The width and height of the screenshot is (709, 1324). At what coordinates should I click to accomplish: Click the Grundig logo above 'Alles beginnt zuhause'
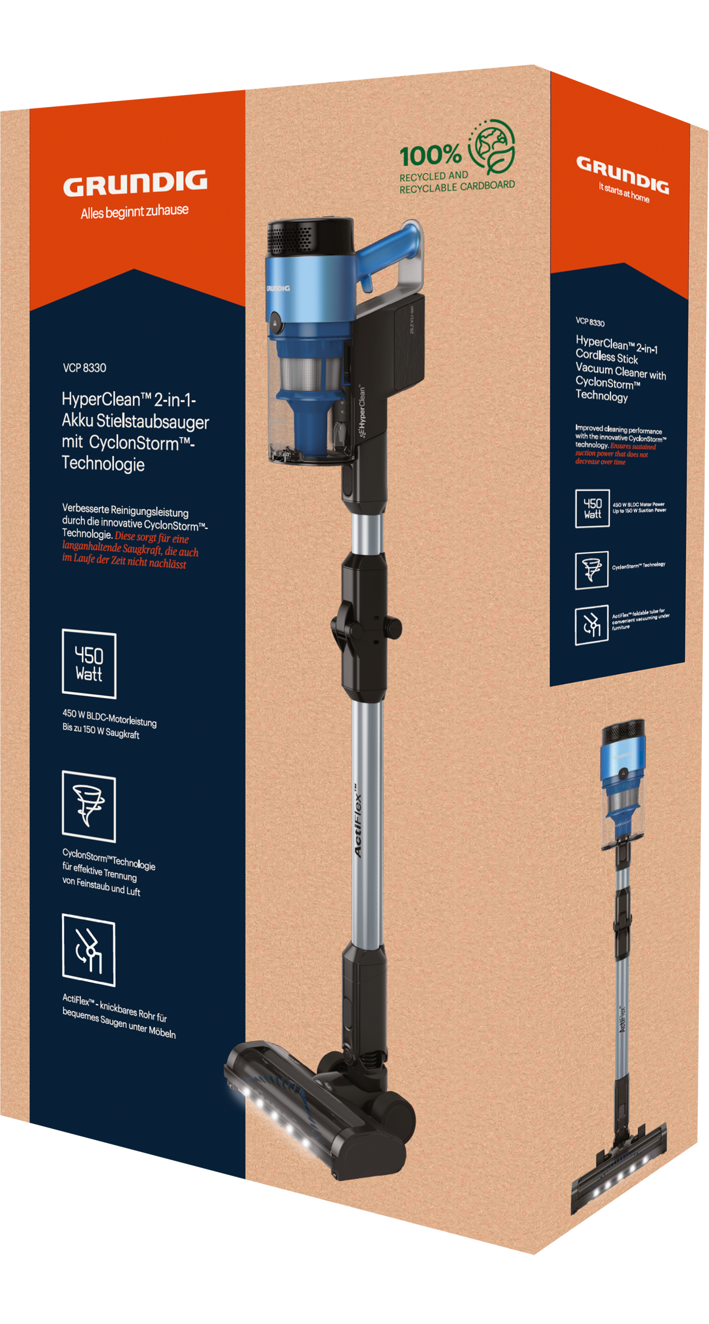click(135, 183)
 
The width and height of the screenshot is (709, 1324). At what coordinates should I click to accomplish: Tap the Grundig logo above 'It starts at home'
click(622, 174)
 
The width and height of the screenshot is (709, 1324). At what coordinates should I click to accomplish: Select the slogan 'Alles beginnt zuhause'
click(134, 212)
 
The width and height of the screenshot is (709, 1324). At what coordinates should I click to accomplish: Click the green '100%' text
click(431, 155)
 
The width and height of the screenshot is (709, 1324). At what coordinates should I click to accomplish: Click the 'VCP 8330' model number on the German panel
click(84, 367)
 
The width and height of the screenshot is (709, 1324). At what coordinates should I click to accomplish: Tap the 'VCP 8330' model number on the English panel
click(590, 322)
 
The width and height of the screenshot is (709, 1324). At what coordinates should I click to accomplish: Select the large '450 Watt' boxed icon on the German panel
click(89, 664)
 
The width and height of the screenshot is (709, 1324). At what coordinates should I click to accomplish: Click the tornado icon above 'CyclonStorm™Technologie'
click(89, 806)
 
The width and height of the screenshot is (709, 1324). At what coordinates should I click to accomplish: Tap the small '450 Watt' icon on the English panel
click(592, 508)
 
